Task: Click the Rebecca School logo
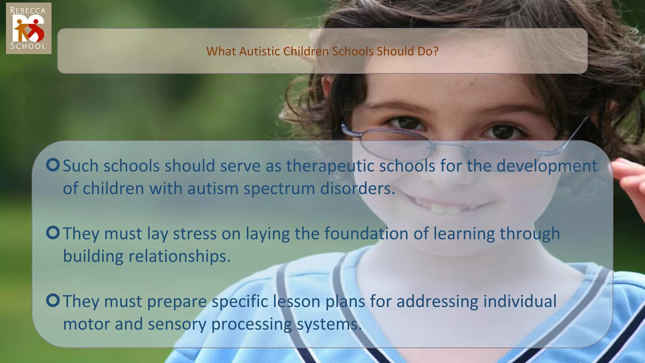tap(28, 28)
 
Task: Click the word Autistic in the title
tap(259, 51)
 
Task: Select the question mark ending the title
tap(436, 51)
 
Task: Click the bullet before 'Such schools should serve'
tap(53, 165)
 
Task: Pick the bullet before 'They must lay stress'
tap(53, 233)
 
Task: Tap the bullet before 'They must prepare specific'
tap(53, 301)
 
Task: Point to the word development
tap(547, 166)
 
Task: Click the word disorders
tap(357, 188)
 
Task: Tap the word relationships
tap(180, 256)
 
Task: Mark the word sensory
tap(177, 324)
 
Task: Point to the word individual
tap(520, 301)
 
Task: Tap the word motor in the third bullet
tap(86, 324)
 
